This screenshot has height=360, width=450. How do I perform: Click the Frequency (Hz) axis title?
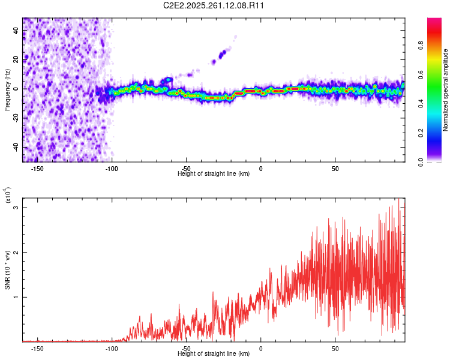coord(7,90)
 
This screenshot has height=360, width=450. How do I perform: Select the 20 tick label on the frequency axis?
coord(17,59)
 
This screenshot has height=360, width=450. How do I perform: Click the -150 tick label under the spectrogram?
coord(37,168)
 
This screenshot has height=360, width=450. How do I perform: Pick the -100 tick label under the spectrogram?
coord(112,168)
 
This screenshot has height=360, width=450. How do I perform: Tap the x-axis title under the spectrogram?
coord(214,174)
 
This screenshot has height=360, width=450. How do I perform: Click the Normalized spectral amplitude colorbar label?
coord(445,90)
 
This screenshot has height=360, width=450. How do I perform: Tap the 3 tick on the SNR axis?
coord(17,208)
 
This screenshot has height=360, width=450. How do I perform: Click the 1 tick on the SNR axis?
coord(17,297)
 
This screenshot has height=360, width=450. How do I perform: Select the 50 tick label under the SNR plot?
coord(335,348)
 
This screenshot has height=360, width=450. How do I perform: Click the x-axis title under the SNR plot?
coord(214,354)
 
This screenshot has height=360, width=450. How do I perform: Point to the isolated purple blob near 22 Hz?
coord(222,55)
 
